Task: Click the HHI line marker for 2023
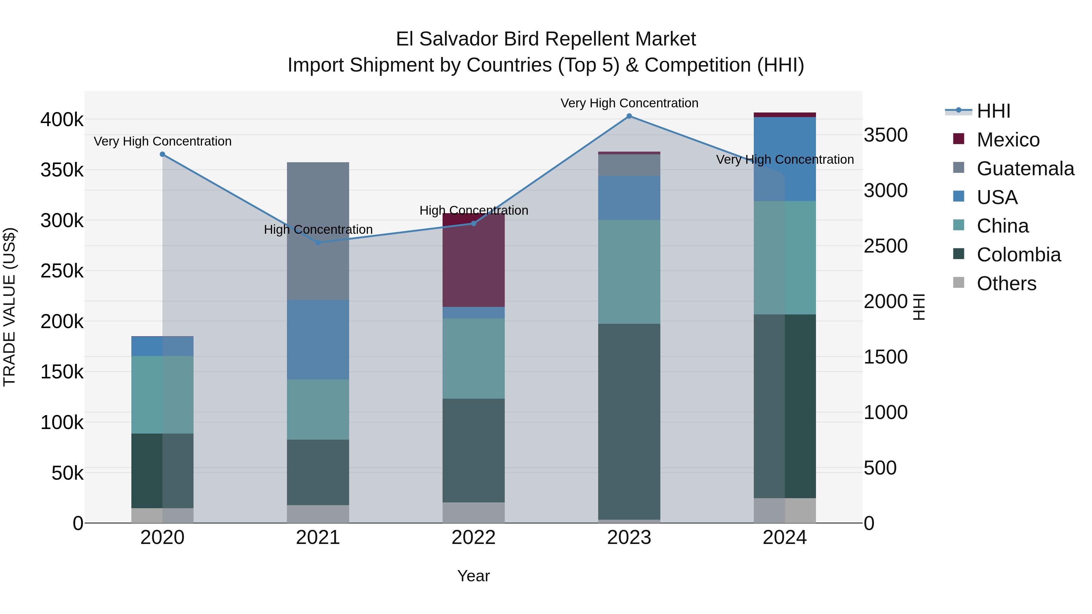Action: pyautogui.click(x=629, y=116)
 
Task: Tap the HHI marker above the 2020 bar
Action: pyautogui.click(x=162, y=154)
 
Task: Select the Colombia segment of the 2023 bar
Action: pyautogui.click(x=629, y=422)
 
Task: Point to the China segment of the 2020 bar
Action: pyautogui.click(x=162, y=394)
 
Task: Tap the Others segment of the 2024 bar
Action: pyautogui.click(x=785, y=510)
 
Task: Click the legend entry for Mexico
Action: pyautogui.click(x=1008, y=140)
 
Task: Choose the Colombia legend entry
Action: pyautogui.click(x=1018, y=255)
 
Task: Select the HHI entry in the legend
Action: pyautogui.click(x=993, y=111)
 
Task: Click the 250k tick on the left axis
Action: pyautogui.click(x=62, y=271)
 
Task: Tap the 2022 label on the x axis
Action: pyautogui.click(x=474, y=538)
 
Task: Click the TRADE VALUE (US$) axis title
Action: pyautogui.click(x=9, y=307)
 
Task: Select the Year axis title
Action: pyautogui.click(x=474, y=576)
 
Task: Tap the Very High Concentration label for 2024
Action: pyautogui.click(x=785, y=160)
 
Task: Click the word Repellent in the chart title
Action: pyautogui.click(x=579, y=39)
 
